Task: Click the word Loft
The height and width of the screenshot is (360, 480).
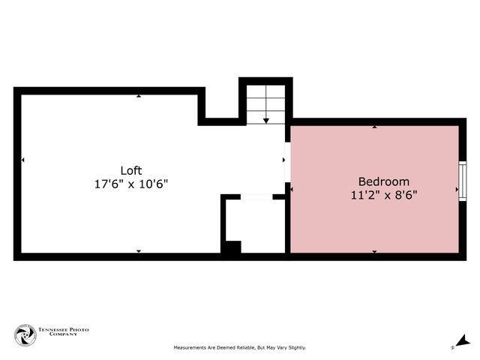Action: (x=131, y=170)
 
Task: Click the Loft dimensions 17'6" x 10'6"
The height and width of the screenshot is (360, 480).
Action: (x=131, y=184)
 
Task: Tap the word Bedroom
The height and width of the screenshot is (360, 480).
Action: (x=383, y=181)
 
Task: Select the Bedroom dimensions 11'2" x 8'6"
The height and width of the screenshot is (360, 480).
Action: (x=383, y=195)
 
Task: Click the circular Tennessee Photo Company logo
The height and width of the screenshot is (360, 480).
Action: (x=25, y=335)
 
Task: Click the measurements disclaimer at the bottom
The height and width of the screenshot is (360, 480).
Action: (x=240, y=348)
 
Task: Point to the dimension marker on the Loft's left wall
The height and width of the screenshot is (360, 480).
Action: (x=23, y=160)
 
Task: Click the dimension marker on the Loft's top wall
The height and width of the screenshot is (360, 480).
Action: (x=139, y=97)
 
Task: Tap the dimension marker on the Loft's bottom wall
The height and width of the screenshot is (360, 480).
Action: (x=139, y=251)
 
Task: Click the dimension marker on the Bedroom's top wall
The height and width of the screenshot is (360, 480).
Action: (x=374, y=127)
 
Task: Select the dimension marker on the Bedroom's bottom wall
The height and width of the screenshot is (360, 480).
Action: (x=374, y=251)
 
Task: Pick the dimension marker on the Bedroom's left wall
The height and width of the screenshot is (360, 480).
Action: (x=292, y=190)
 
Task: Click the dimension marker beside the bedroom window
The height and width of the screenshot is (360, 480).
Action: (x=457, y=190)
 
